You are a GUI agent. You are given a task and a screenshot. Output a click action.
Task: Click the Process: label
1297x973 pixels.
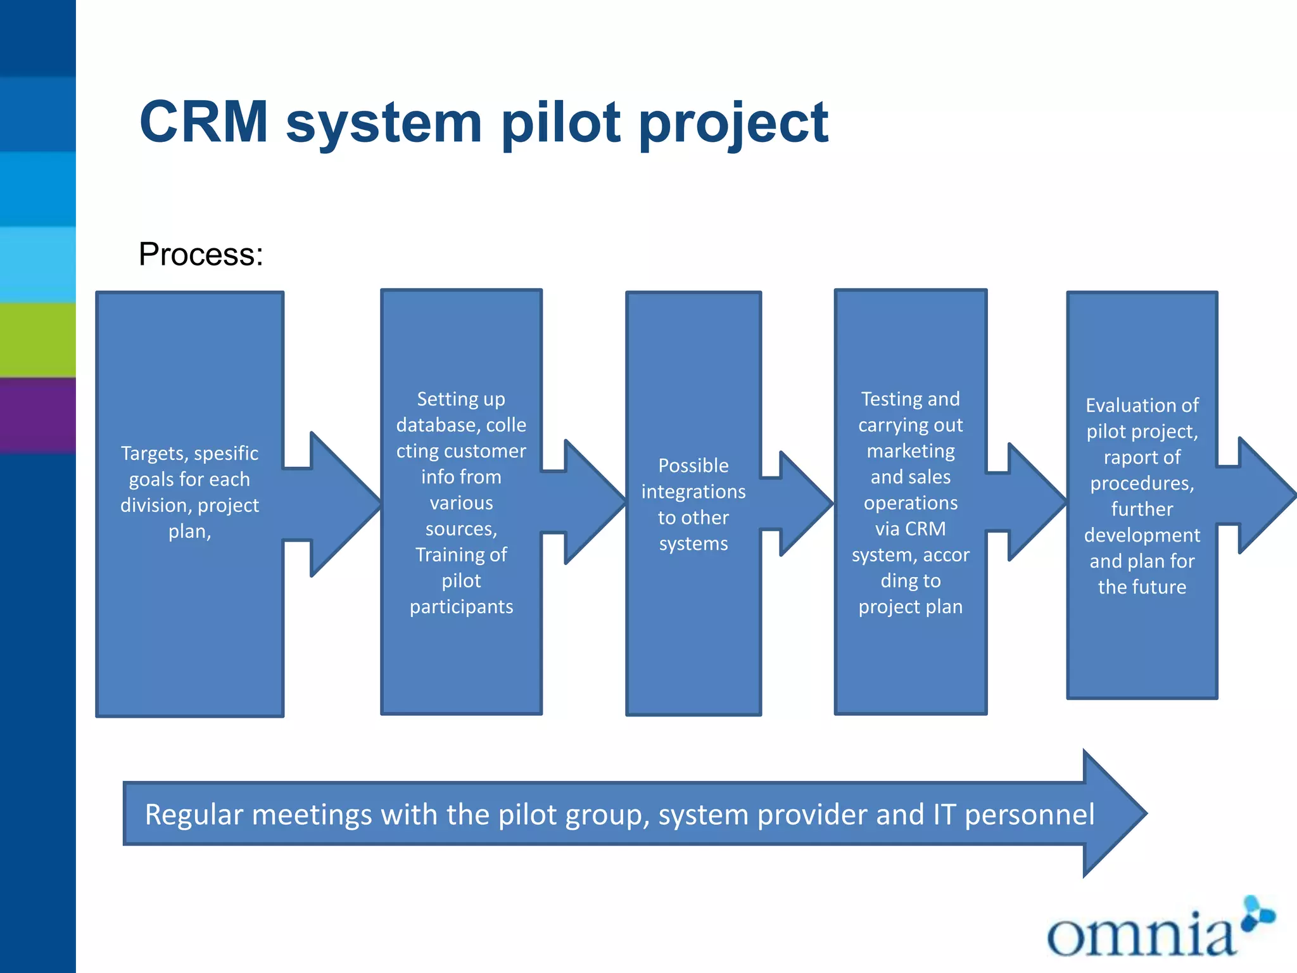[x=200, y=255]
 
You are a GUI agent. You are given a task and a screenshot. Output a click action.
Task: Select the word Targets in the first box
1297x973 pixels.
[x=154, y=454]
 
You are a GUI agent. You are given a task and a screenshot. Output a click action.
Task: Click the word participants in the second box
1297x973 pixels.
[x=461, y=607]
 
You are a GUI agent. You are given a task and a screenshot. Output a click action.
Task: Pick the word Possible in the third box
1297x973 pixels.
[x=693, y=466]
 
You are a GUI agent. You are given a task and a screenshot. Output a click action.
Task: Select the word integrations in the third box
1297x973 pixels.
[x=693, y=492]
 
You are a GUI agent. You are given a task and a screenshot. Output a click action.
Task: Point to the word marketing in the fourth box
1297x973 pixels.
[x=910, y=451]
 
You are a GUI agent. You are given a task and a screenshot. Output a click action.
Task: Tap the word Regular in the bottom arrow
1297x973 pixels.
[x=194, y=815]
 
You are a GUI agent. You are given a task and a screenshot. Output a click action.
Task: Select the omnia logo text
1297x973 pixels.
[x=1140, y=934]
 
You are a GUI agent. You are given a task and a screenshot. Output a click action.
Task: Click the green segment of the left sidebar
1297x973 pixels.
[x=37, y=340]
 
